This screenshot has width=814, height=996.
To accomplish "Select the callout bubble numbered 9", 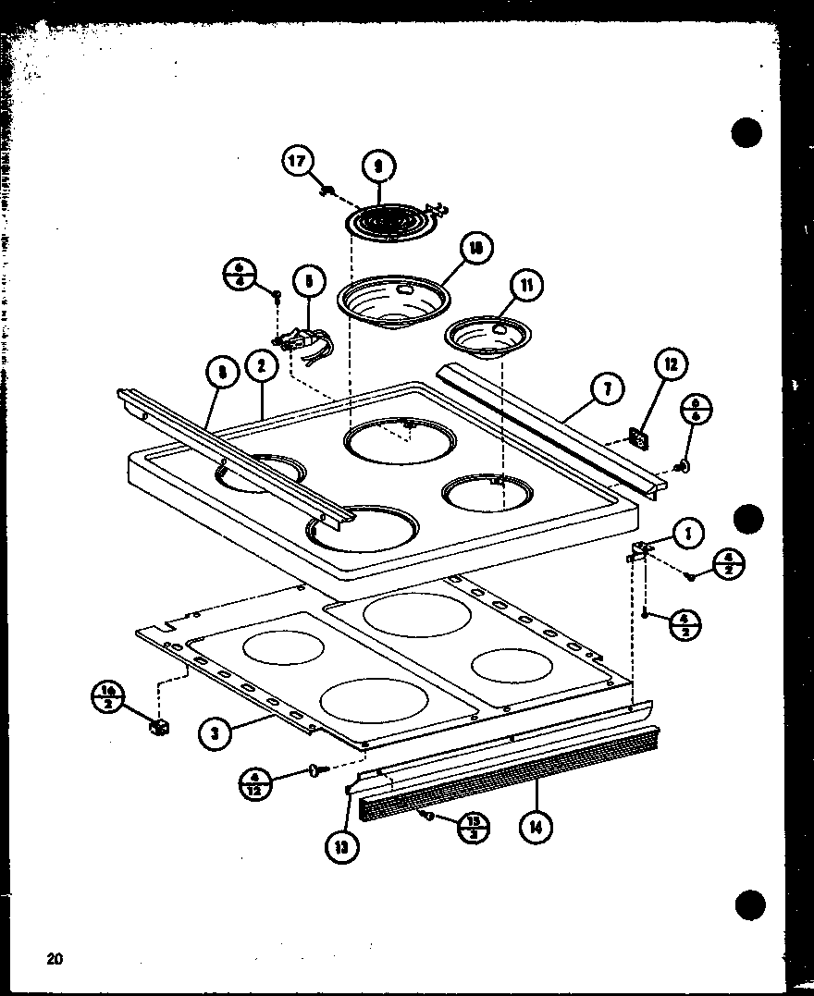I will pos(378,166).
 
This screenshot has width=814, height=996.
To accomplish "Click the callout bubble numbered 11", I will pos(525,286).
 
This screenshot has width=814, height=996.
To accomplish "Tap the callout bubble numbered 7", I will pos(608,389).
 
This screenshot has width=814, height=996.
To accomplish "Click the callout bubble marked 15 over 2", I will pos(473,827).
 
